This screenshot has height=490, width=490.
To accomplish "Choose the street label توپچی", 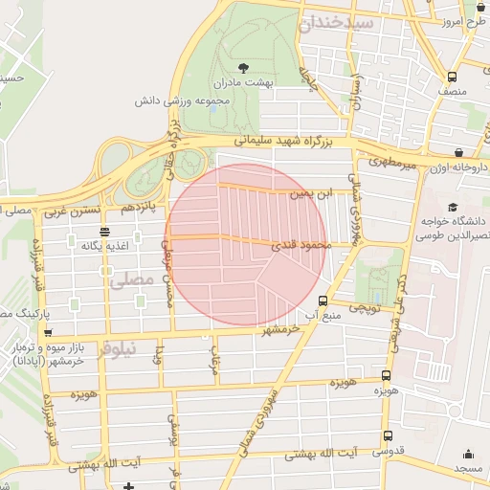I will coord(364,308).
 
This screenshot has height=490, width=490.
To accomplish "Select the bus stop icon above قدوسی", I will coord(386,436).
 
